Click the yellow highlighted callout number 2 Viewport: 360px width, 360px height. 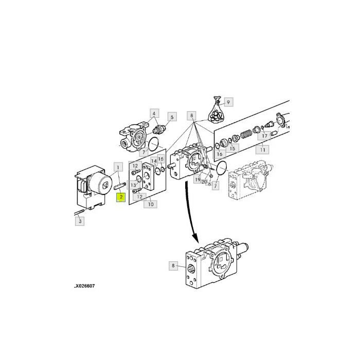[120, 197]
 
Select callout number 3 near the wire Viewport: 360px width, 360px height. [79, 222]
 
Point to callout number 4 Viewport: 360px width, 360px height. [154, 113]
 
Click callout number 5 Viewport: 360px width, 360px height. [172, 117]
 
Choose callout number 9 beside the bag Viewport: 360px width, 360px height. [228, 102]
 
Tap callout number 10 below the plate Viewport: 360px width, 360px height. [150, 204]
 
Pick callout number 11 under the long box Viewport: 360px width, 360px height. [263, 150]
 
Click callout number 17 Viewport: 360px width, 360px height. [264, 136]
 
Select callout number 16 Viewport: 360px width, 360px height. [219, 153]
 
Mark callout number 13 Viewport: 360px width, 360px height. [134, 185]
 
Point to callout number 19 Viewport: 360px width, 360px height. [197, 180]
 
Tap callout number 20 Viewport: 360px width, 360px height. [204, 182]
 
